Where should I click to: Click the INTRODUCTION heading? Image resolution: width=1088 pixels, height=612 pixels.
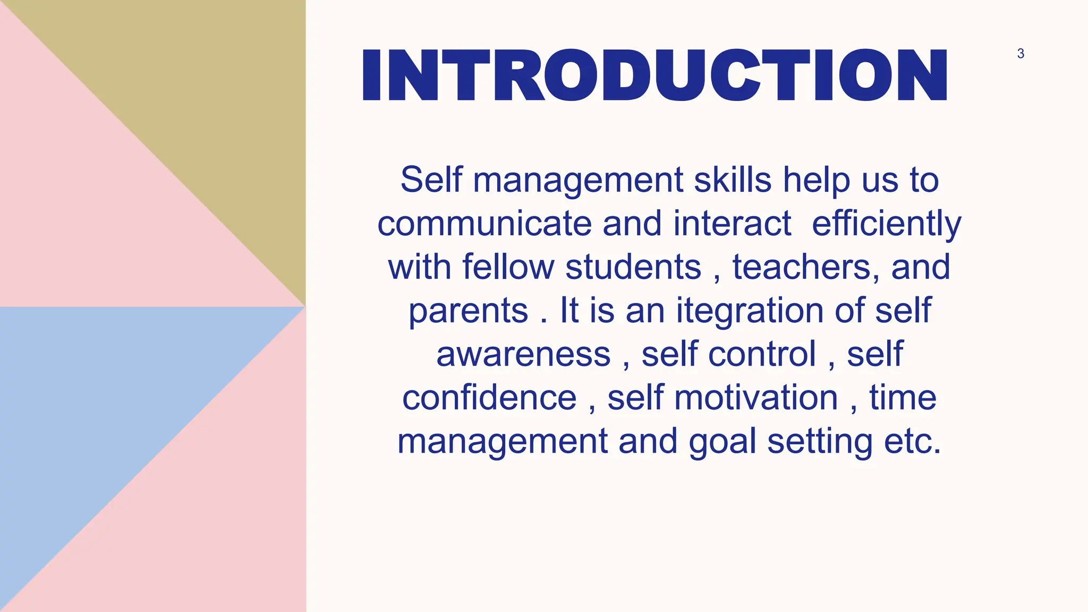click(654, 75)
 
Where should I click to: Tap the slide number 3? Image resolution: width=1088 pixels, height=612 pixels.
click(1021, 54)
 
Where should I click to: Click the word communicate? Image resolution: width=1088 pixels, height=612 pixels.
click(484, 223)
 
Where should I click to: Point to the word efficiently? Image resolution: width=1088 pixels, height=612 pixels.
click(886, 223)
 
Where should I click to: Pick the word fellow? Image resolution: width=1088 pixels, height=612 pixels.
click(508, 267)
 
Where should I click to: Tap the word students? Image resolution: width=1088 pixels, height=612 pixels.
click(633, 267)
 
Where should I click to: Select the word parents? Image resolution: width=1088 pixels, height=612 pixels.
click(468, 310)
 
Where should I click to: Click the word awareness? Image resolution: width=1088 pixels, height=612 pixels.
click(523, 354)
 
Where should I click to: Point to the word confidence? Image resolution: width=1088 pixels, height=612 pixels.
click(489, 397)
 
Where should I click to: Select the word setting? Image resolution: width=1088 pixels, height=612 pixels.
click(820, 441)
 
